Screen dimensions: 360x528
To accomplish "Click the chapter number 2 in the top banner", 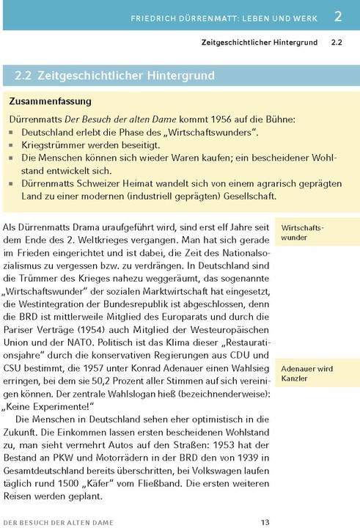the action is [x=337, y=15].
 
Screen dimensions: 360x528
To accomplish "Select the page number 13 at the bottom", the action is [x=265, y=521].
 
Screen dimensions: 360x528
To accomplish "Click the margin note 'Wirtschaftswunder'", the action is [x=302, y=232].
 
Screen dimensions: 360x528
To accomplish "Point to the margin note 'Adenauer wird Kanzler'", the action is [x=306, y=373].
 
